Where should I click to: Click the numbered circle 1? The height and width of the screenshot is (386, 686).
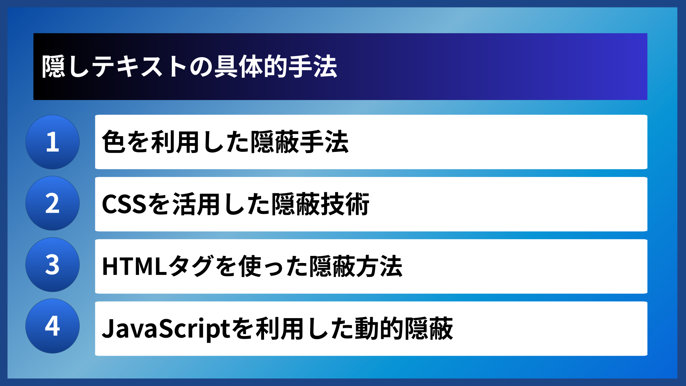tap(53, 142)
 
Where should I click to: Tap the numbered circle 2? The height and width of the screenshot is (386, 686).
tap(53, 203)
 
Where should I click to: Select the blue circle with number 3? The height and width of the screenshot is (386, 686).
tap(53, 265)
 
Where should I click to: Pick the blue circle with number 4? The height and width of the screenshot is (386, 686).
tap(53, 326)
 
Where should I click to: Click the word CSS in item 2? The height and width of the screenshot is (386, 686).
tap(124, 204)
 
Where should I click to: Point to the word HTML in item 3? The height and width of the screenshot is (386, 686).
tap(134, 266)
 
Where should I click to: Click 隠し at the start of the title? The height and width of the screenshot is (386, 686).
tap(65, 67)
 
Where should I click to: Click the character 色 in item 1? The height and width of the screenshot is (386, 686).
tap(114, 142)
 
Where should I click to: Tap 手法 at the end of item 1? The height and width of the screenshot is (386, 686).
tap(324, 142)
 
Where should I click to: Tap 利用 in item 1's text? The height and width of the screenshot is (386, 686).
tap(175, 142)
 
